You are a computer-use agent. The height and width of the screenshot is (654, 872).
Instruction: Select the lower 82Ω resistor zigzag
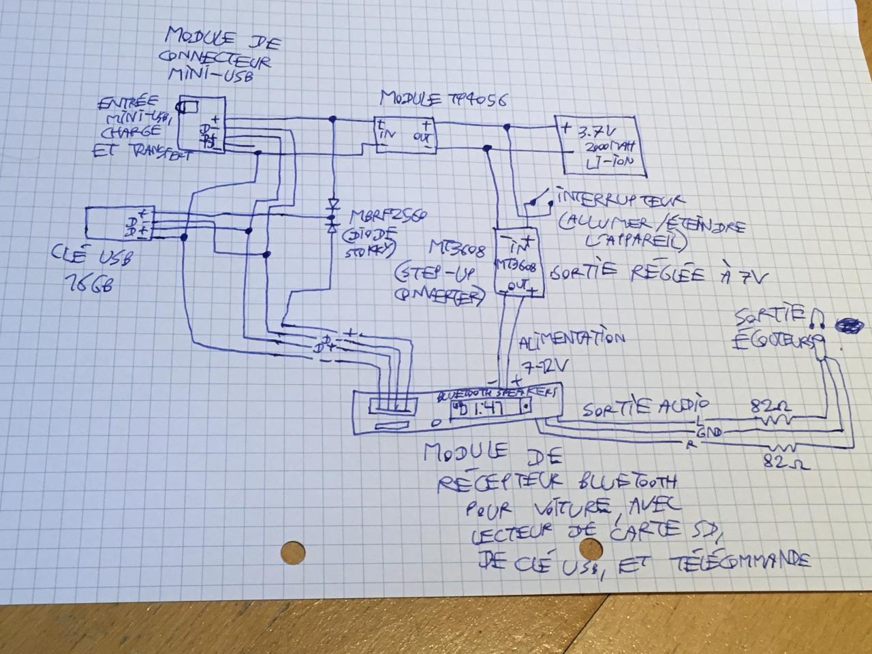[781, 449]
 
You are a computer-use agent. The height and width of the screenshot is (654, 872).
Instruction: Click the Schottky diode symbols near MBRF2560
[333, 215]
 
